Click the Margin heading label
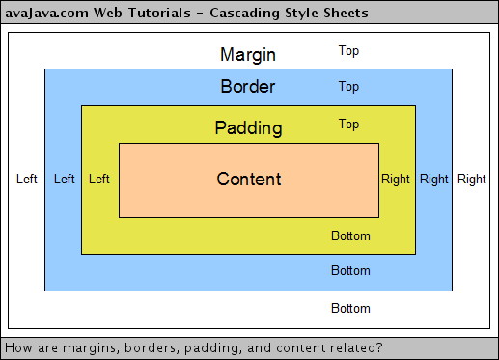[x=248, y=54]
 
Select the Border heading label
[x=248, y=87]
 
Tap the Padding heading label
[x=248, y=127]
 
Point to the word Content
[x=249, y=179]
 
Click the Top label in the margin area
[x=348, y=50]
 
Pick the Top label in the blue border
[x=348, y=87]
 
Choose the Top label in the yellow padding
[x=348, y=124]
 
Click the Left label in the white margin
[x=27, y=179]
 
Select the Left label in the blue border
[x=65, y=179]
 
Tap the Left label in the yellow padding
[x=98, y=179]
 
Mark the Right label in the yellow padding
[x=396, y=179]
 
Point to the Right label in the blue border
[x=434, y=179]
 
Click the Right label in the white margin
[x=472, y=179]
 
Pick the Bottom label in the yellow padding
[x=350, y=235]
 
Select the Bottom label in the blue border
[x=350, y=270]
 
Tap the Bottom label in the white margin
[x=350, y=309]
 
